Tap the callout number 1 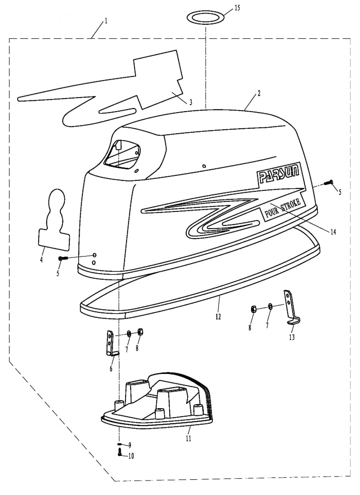click(106, 21)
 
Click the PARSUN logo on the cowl click(278, 174)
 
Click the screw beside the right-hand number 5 click(329, 182)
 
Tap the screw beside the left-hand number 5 click(63, 258)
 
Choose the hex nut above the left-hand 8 click(141, 332)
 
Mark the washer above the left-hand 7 click(129, 333)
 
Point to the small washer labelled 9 click(120, 444)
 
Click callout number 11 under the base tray click(189, 438)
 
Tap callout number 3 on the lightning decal click(191, 102)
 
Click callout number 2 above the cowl click(259, 94)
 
